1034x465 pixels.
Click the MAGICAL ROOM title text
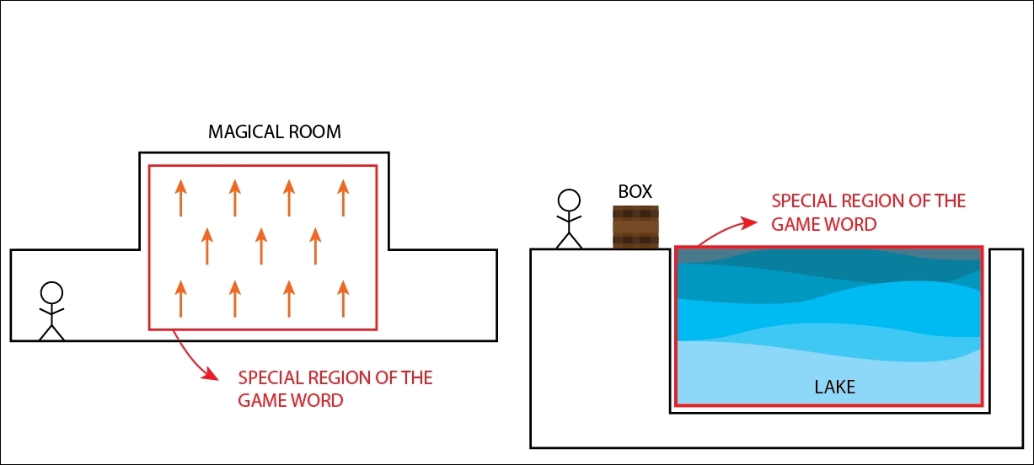click(x=275, y=132)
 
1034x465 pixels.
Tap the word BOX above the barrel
click(x=635, y=191)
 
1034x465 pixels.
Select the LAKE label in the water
click(x=834, y=387)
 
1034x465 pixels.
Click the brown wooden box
click(x=635, y=227)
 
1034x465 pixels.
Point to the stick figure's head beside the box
click(x=569, y=200)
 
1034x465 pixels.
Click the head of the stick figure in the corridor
click(x=51, y=293)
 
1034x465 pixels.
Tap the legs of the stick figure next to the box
click(x=569, y=240)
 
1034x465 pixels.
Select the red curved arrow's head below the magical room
click(x=211, y=374)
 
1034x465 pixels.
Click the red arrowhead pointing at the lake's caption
click(x=748, y=223)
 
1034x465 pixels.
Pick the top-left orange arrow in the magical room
click(x=181, y=198)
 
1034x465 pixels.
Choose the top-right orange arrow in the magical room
click(x=343, y=198)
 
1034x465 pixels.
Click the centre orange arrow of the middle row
click(x=261, y=246)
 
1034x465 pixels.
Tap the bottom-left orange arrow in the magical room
click(x=181, y=299)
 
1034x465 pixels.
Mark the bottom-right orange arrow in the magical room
click(x=343, y=299)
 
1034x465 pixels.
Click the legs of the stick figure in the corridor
click(x=51, y=333)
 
